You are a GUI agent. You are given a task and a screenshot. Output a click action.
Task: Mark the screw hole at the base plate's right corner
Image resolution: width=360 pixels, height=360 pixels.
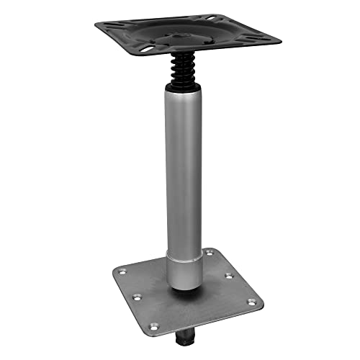tap(252, 302)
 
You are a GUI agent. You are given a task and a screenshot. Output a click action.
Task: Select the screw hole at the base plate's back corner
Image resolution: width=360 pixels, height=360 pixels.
tap(210, 252)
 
